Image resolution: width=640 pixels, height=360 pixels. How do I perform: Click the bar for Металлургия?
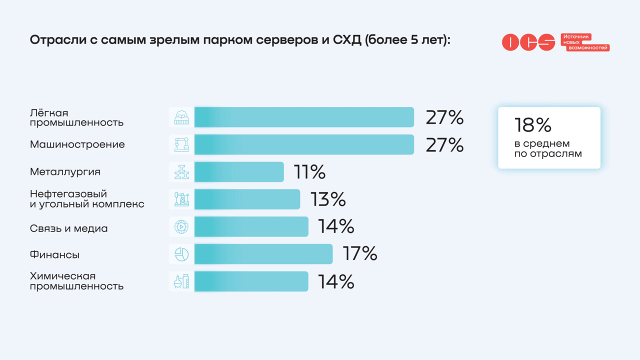click(x=239, y=172)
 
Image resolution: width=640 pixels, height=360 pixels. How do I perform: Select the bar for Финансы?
click(x=263, y=254)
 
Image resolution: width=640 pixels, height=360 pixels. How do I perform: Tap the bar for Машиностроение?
click(x=304, y=144)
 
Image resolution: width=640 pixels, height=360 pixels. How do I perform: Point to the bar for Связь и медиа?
click(x=251, y=226)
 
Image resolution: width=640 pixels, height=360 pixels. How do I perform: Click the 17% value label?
click(x=360, y=253)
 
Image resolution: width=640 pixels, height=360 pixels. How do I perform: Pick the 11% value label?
click(x=309, y=172)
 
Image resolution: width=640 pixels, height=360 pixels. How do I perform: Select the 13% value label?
click(x=328, y=199)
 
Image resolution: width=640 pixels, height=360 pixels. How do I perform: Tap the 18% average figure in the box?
click(x=532, y=125)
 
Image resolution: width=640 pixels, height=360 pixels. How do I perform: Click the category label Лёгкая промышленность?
click(x=76, y=117)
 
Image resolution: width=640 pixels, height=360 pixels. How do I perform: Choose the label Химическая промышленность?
click(x=76, y=281)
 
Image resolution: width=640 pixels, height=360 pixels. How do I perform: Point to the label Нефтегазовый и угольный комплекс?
click(x=87, y=199)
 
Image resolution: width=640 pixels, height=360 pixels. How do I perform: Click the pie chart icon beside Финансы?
click(x=181, y=254)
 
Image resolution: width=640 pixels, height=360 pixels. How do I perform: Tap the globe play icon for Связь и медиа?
click(x=181, y=226)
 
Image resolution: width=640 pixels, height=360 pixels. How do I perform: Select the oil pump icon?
click(x=181, y=199)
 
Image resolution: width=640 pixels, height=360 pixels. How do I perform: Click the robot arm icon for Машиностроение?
click(x=181, y=144)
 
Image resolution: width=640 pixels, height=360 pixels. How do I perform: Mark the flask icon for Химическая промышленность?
click(x=181, y=281)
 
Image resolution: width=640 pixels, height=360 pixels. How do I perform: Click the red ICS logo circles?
click(x=528, y=42)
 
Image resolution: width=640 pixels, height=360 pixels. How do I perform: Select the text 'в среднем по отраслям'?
click(x=548, y=149)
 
